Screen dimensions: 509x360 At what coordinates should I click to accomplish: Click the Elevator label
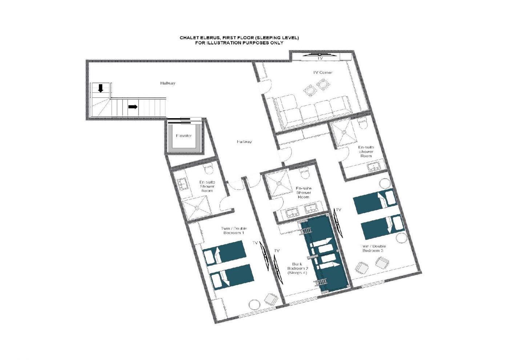(184, 136)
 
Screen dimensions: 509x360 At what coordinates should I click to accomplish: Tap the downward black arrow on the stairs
(100, 88)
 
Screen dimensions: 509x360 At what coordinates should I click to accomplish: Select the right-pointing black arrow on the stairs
(133, 107)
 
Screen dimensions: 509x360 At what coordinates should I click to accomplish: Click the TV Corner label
(322, 72)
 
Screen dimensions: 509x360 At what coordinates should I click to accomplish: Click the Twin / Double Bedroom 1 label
(233, 231)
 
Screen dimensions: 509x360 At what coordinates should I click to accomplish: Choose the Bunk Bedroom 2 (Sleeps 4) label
(297, 268)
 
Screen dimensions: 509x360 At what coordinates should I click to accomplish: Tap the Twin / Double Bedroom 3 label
(373, 248)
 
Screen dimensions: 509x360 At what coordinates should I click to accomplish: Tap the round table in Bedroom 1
(254, 304)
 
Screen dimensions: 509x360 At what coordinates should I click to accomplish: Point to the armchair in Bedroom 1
(272, 299)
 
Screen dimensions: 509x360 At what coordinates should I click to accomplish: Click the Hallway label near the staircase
(168, 83)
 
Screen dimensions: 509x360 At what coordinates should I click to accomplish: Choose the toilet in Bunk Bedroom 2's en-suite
(305, 173)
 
